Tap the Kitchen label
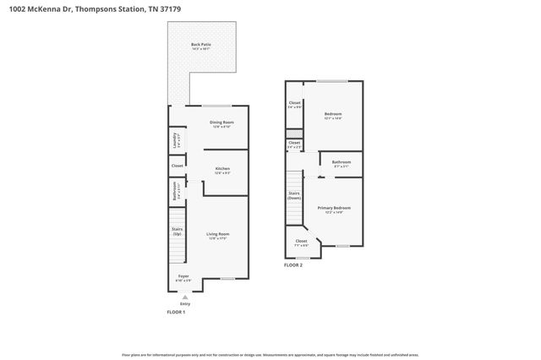pos(222,170)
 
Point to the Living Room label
pos(218,235)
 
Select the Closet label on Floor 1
pos(178,166)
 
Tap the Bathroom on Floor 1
pos(175,192)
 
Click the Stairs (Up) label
pos(178,230)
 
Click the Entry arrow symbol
pos(185,297)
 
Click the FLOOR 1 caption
pos(175,313)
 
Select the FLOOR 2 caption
pos(292,265)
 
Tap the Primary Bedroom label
pos(334,209)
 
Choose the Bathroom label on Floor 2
pos(342,163)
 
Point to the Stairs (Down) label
pos(294,195)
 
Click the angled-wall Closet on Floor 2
pos(302,243)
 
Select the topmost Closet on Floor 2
pos(294,105)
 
